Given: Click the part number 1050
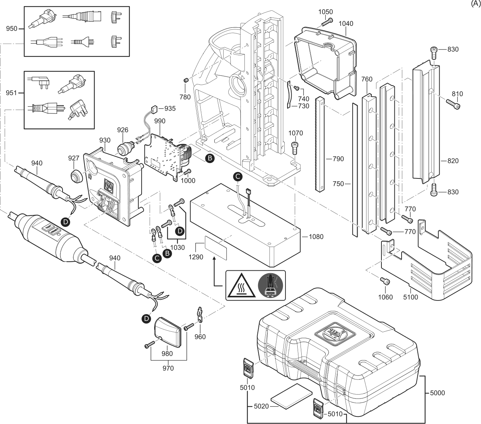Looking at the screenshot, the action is point(325,11).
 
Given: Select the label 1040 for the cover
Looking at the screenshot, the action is point(346,23).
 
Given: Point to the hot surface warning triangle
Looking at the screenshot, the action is point(241,286).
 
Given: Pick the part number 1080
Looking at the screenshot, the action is point(316,237).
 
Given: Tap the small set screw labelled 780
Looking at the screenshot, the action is point(186,81).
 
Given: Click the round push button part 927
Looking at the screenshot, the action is point(76,176).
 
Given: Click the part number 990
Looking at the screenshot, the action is point(160,121).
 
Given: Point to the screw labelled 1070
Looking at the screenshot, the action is point(295,148).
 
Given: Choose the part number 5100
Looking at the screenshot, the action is point(411,297).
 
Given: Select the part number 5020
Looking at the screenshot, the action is point(261,406).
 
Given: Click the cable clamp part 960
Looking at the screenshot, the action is point(200,315).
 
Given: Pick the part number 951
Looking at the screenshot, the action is point(12,93).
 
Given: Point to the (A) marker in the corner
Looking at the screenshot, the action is point(476,4).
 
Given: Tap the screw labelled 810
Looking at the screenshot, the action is point(453,104).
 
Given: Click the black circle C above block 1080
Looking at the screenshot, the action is point(238,176).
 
